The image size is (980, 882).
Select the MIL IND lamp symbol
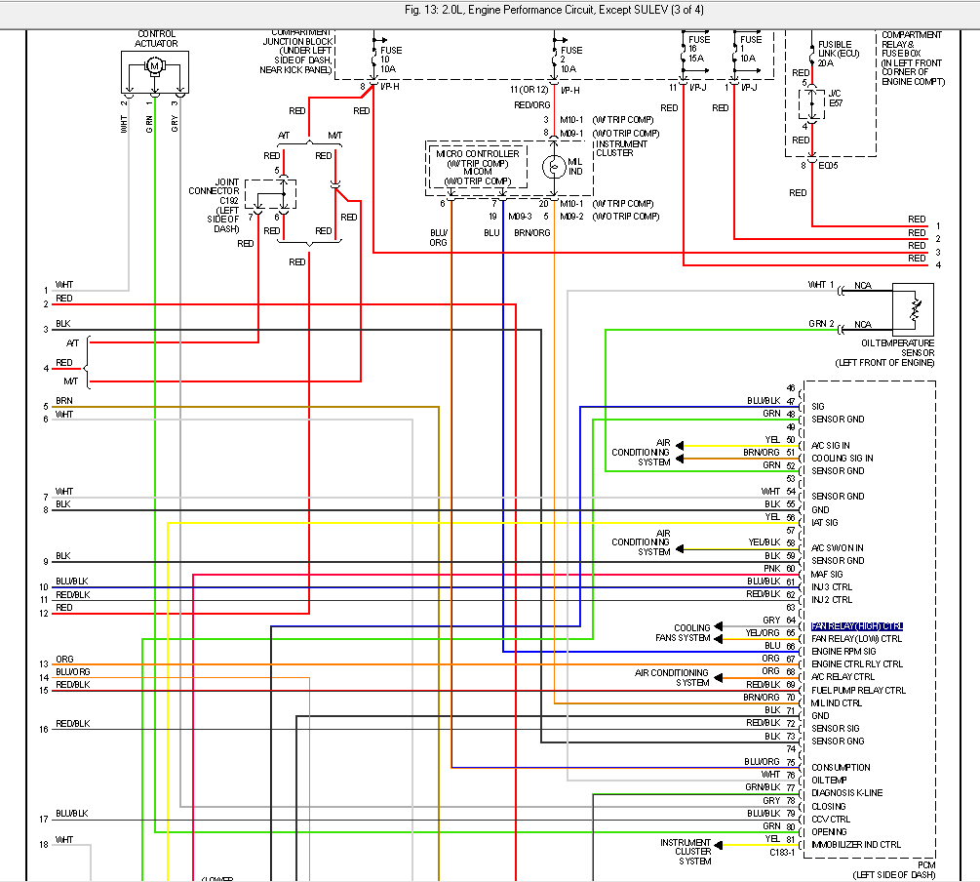point(554,168)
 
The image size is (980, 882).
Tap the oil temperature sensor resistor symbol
point(914,309)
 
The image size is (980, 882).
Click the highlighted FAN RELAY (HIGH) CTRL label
point(857,625)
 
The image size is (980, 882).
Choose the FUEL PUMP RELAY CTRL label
point(858,690)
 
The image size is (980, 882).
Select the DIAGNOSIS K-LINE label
point(846,792)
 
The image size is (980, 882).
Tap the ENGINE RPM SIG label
point(843,651)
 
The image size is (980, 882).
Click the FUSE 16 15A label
point(695,51)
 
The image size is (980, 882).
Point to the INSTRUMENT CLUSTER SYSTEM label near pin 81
point(686,851)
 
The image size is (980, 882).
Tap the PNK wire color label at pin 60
point(771,568)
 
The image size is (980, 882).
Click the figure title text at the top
point(490,10)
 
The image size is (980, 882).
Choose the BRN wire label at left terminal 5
point(63,401)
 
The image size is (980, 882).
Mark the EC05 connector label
point(827,165)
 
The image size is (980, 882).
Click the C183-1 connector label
point(783,853)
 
